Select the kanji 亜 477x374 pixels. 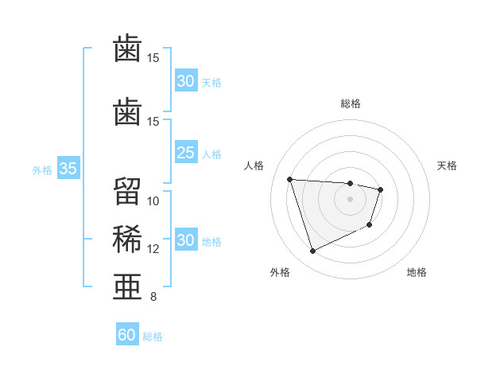pyautogui.click(x=127, y=286)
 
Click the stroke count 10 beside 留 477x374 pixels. pyautogui.click(x=153, y=201)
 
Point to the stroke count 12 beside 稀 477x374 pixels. pyautogui.click(x=153, y=249)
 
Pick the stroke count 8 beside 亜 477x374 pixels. pyautogui.click(x=153, y=297)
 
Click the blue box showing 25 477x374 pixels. pyautogui.click(x=185, y=152)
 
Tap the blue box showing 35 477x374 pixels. pyautogui.click(x=68, y=169)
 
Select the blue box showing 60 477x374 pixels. pyautogui.click(x=127, y=335)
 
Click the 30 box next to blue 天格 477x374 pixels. pyautogui.click(x=185, y=80)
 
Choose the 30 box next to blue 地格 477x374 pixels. pyautogui.click(x=185, y=241)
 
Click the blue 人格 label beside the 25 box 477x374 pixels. pyautogui.click(x=211, y=153)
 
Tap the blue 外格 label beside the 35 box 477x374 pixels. pyautogui.click(x=42, y=169)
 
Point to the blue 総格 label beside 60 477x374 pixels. pyautogui.click(x=153, y=336)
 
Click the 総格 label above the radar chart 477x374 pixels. pyautogui.click(x=350, y=103)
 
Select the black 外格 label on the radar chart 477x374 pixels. pyautogui.click(x=280, y=273)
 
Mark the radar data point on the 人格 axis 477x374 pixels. pyautogui.click(x=290, y=179)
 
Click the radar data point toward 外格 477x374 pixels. pyautogui.click(x=312, y=251)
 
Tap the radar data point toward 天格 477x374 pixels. pyautogui.click(x=381, y=189)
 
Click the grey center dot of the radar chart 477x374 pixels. pyautogui.click(x=350, y=199)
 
